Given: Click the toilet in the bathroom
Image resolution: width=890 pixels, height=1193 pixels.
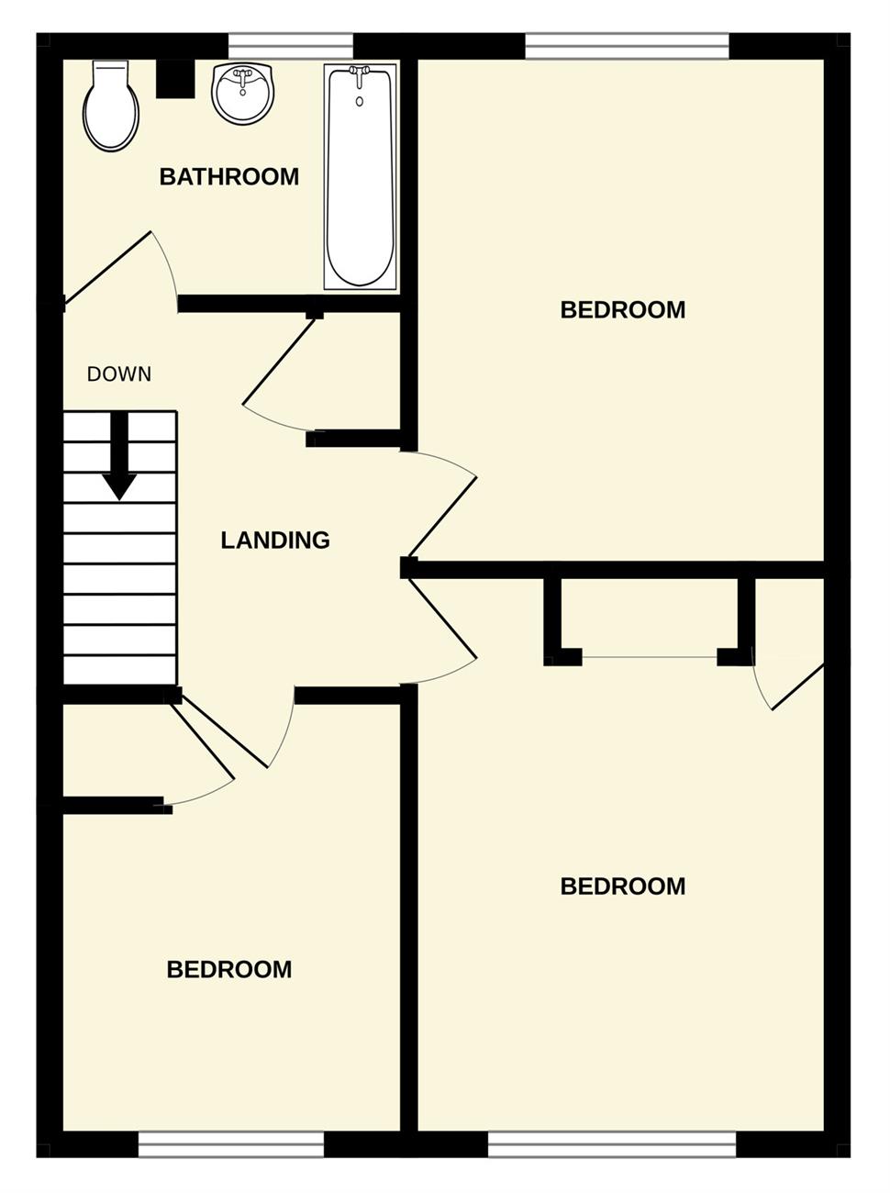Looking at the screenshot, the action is (111, 106).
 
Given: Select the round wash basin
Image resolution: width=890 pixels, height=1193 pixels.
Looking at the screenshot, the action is (242, 94).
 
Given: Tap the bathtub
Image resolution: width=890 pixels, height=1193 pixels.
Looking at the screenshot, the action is (361, 177).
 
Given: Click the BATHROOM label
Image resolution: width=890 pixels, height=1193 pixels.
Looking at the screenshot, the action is (229, 177).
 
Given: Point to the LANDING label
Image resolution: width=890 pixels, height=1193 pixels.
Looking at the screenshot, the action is (275, 541).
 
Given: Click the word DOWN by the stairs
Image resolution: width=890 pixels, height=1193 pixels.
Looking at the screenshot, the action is (119, 374).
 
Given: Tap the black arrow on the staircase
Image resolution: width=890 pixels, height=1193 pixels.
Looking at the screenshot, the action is (119, 455).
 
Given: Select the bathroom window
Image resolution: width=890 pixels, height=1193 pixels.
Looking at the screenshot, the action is (291, 46).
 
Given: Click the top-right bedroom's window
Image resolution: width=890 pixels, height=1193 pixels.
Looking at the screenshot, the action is (627, 46).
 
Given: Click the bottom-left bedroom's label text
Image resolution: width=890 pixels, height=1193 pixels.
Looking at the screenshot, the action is (229, 970).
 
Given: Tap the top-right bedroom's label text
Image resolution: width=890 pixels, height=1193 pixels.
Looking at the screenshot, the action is (623, 310).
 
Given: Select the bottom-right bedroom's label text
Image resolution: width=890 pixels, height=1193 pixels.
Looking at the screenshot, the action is (623, 886).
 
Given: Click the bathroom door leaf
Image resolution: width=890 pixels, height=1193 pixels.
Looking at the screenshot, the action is (107, 267).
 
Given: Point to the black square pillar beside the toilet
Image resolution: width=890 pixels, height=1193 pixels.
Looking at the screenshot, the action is (175, 78).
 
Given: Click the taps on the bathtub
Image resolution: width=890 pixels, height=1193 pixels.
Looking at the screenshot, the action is (359, 74).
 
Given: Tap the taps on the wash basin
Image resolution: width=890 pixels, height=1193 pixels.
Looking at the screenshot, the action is (242, 78).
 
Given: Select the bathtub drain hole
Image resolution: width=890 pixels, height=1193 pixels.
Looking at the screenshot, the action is (359, 101).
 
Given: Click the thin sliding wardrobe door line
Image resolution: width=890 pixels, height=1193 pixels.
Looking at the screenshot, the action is (650, 658).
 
